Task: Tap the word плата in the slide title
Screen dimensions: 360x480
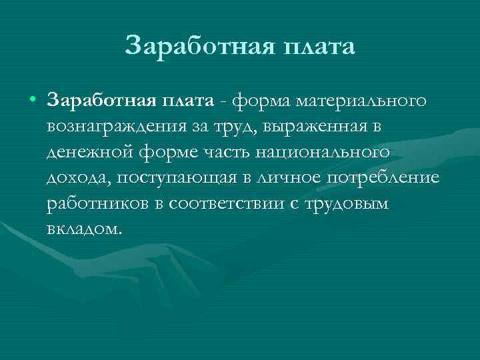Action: (318, 46)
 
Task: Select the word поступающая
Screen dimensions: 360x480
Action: (167, 178)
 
